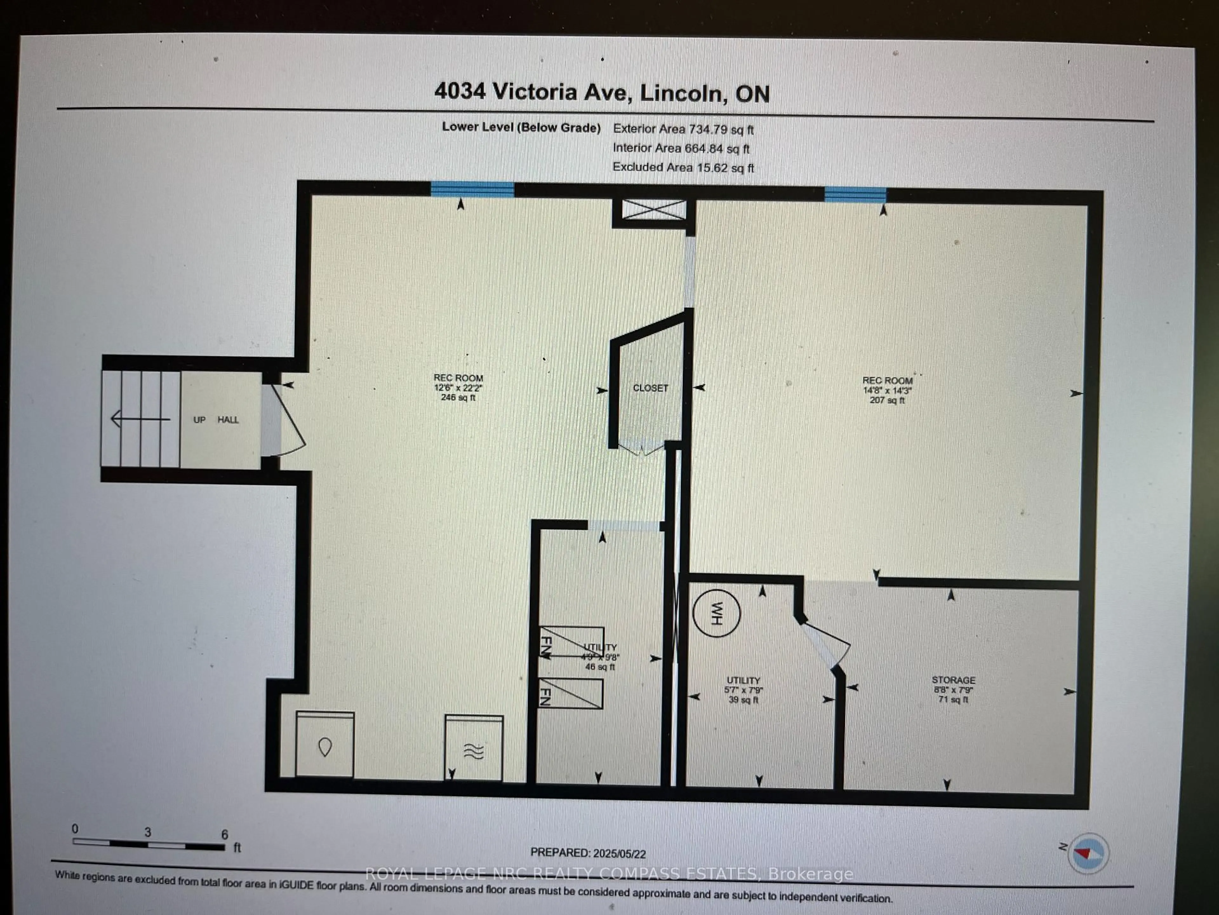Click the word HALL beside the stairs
[228, 420]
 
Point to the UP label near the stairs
[199, 420]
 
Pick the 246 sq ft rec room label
[458, 387]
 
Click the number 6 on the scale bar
[224, 834]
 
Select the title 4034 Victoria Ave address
[602, 92]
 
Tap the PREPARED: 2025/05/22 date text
[588, 853]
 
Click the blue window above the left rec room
[472, 189]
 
